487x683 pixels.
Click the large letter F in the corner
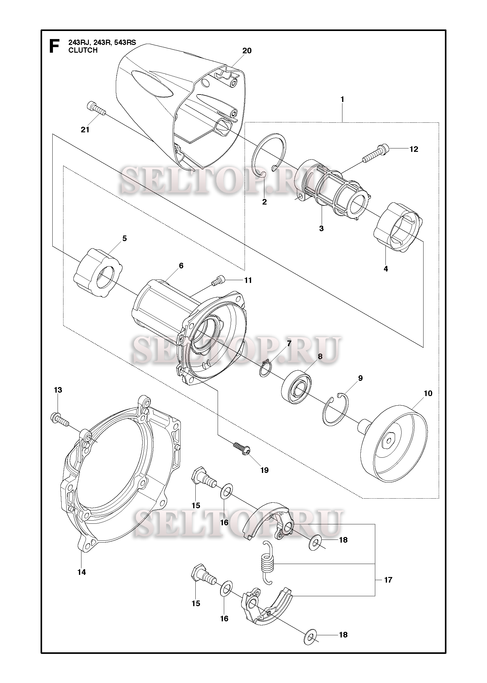(x=54, y=46)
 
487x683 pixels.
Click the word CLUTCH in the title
(x=83, y=50)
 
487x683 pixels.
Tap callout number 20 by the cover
(x=247, y=51)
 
